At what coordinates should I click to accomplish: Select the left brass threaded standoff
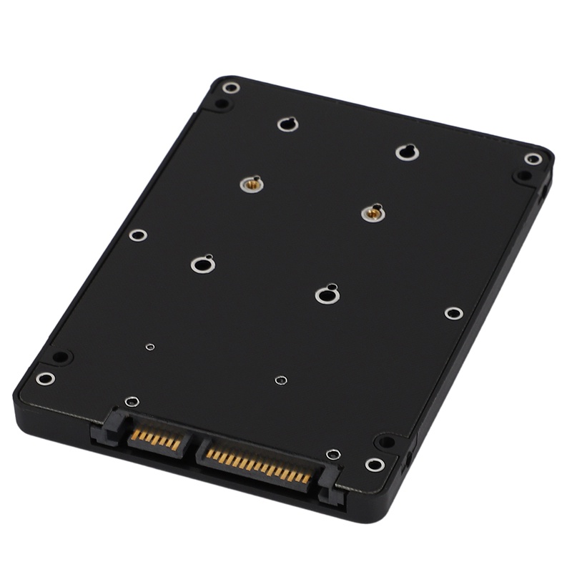251,184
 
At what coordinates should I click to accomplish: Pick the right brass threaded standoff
373,212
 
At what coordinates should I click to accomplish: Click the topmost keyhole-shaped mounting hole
287,124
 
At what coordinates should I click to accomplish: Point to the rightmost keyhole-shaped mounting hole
407,152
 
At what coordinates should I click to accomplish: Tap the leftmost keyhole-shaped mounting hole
203,264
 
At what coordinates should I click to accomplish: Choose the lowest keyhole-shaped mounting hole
327,294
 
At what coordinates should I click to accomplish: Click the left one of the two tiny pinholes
149,347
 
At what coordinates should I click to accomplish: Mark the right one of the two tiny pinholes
281,380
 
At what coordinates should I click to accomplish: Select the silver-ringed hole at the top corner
230,88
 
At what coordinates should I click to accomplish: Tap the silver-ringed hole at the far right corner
533,159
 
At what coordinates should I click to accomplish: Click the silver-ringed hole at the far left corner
45,378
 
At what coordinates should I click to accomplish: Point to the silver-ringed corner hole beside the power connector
374,465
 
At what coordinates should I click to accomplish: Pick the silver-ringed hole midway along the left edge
138,235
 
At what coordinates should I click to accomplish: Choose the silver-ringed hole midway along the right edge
453,313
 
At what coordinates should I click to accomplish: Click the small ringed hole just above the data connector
132,402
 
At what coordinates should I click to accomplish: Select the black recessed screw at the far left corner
61,356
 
